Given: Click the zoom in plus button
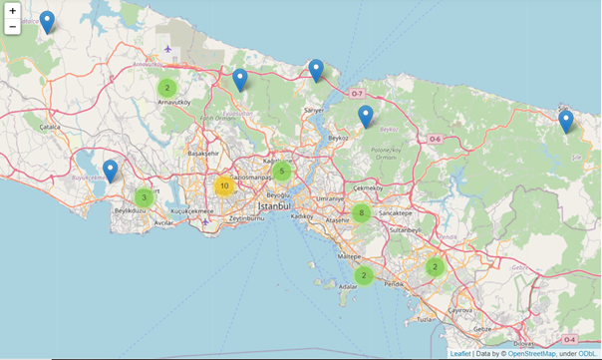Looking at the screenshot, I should pyautogui.click(x=12, y=11).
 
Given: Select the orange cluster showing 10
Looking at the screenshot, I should pyautogui.click(x=224, y=185).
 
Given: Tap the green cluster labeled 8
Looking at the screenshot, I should pyautogui.click(x=361, y=211).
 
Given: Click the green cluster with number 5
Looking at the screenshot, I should pyautogui.click(x=283, y=172).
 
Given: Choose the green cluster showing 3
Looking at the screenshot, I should pyautogui.click(x=145, y=197).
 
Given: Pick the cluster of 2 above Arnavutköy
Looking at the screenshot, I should pyautogui.click(x=166, y=88).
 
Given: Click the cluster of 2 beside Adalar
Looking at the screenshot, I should pyautogui.click(x=365, y=275).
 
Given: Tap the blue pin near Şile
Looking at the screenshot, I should pyautogui.click(x=566, y=122).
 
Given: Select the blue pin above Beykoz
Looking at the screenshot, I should pyautogui.click(x=366, y=117).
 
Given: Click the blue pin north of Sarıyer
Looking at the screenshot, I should pyautogui.click(x=316, y=71).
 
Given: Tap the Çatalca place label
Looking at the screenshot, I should pyautogui.click(x=50, y=127).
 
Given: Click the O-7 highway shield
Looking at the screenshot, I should pyautogui.click(x=357, y=93).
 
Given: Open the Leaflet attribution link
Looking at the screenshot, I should pyautogui.click(x=460, y=353).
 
